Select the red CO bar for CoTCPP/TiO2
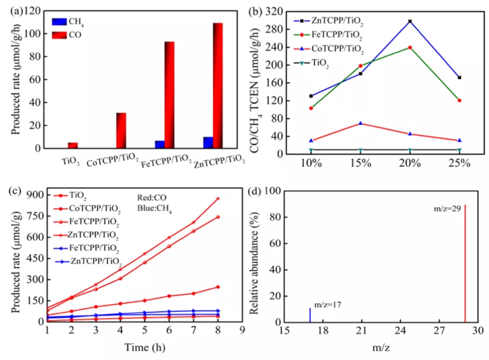121,131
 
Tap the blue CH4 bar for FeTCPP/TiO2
160,145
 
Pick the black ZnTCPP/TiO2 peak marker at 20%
410,22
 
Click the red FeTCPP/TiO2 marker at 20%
410,48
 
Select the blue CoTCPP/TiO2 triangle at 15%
361,123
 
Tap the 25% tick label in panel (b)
459,163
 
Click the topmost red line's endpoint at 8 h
218,198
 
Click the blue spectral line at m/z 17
310,315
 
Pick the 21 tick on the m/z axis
362,331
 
